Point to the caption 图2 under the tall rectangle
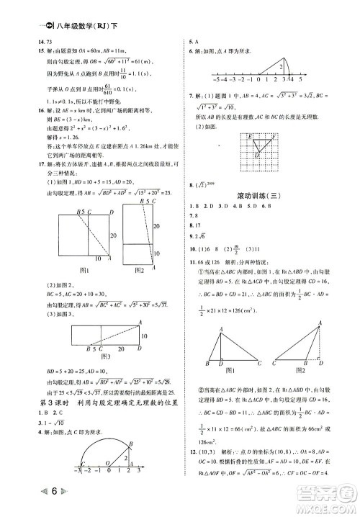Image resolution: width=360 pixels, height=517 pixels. click(140, 270)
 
